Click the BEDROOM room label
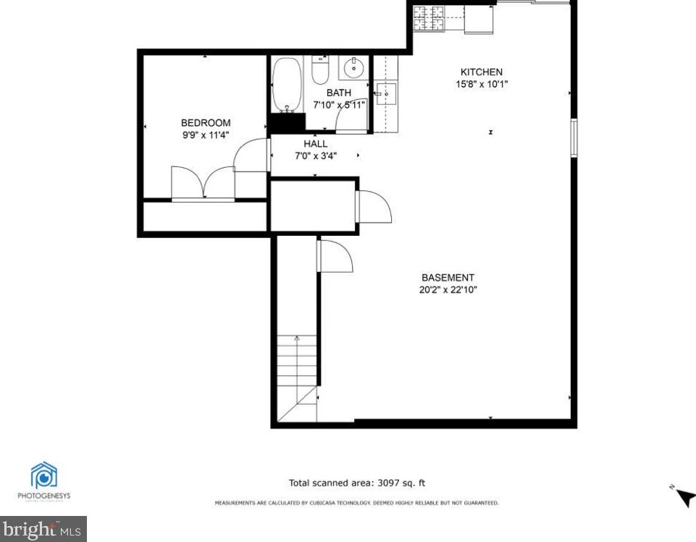(206, 123)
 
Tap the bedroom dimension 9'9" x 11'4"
(206, 135)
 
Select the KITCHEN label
(482, 72)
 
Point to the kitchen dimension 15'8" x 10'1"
(482, 83)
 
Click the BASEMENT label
(448, 278)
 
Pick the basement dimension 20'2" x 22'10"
(448, 289)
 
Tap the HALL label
(315, 144)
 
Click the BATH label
(338, 93)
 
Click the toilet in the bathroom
(319, 70)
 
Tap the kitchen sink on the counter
(385, 94)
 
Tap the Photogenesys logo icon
(44, 475)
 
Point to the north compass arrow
(684, 497)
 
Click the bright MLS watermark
(43, 529)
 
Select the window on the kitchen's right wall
(574, 137)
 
